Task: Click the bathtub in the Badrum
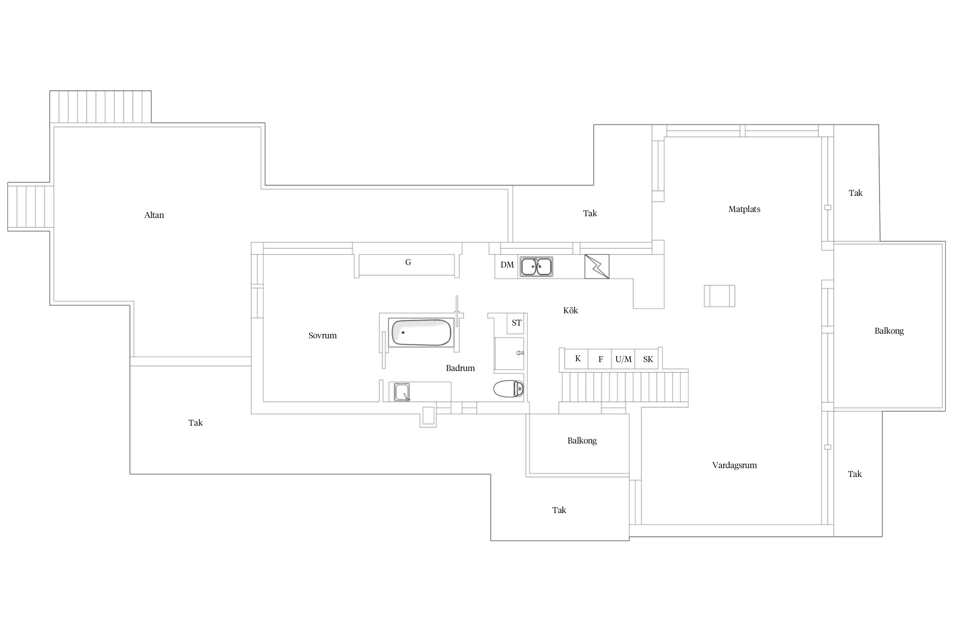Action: click(x=421, y=332)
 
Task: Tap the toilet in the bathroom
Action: click(x=509, y=389)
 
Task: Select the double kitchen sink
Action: click(x=536, y=267)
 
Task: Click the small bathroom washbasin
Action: click(x=402, y=392)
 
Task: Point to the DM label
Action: click(x=507, y=265)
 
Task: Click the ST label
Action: click(x=516, y=323)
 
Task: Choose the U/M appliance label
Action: click(x=623, y=360)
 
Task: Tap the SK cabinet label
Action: click(x=648, y=360)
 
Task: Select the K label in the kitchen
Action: click(x=578, y=359)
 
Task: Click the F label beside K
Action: click(x=601, y=360)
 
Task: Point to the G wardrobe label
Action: click(x=408, y=262)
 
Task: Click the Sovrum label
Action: click(x=322, y=336)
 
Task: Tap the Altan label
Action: click(x=154, y=215)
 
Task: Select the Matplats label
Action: click(x=744, y=209)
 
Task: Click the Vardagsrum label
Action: click(x=734, y=465)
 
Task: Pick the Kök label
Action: click(x=571, y=311)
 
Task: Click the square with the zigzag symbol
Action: click(x=597, y=266)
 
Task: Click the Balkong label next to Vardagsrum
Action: click(x=582, y=441)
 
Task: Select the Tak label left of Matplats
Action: click(x=590, y=214)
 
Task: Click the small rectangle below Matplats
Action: click(x=720, y=296)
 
